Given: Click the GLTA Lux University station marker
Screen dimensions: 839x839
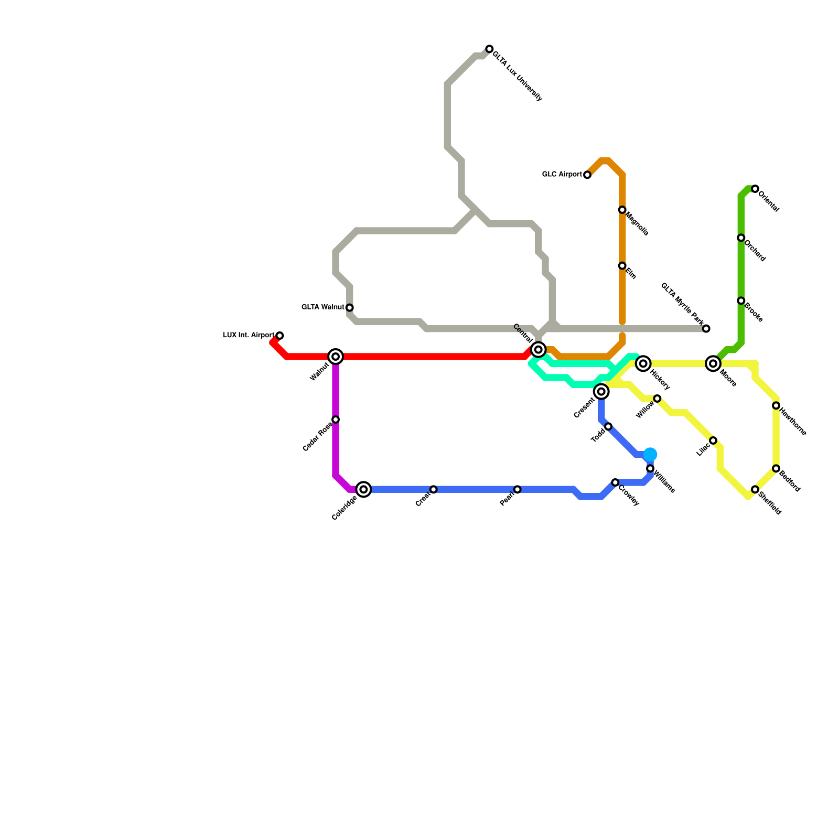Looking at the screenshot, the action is [x=489, y=49].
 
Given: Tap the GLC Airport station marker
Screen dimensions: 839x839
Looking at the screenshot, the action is [x=587, y=175].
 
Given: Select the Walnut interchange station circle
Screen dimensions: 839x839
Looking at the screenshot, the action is [x=336, y=357].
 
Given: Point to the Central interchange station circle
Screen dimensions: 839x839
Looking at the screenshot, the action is [x=538, y=349].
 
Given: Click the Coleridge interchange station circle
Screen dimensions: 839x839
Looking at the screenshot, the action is [x=364, y=489].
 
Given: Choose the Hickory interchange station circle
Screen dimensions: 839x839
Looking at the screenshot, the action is [x=643, y=363].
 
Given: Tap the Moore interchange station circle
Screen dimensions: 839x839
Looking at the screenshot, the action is [x=713, y=363].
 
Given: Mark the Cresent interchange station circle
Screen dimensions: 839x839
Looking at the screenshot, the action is [x=601, y=391].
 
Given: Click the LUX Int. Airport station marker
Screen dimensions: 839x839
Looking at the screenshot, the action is [x=280, y=336].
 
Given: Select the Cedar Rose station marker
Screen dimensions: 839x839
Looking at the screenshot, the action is [x=336, y=419].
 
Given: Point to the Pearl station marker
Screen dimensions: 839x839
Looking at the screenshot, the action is [x=518, y=489].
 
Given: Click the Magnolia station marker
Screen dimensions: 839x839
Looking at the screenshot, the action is [x=622, y=210].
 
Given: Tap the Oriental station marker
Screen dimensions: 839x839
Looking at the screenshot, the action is [x=755, y=189].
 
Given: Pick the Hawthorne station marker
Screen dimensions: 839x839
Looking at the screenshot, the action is [x=776, y=405].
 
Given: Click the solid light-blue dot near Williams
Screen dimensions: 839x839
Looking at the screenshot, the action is [x=650, y=454].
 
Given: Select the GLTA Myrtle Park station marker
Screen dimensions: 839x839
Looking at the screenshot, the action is [x=706, y=329].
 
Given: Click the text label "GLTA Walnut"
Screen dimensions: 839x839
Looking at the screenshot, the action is [x=323, y=307].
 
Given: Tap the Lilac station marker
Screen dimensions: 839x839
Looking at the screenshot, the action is [x=713, y=440].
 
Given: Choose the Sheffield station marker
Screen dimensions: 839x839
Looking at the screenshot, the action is [x=755, y=489].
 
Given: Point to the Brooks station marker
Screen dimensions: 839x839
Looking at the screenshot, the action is [x=741, y=300].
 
